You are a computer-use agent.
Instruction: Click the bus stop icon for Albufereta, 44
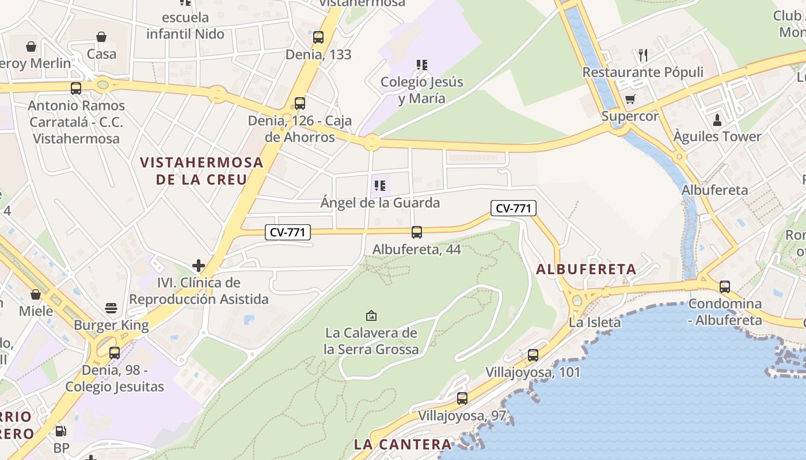click(x=417, y=232)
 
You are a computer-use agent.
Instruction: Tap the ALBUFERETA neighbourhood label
click(x=586, y=269)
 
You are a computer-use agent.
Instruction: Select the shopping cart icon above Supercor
click(x=630, y=99)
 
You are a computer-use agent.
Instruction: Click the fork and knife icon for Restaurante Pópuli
click(x=643, y=55)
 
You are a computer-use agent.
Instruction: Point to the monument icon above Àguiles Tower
click(x=717, y=120)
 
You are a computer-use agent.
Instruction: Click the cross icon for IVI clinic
click(x=199, y=266)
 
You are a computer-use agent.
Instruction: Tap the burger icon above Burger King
click(x=111, y=309)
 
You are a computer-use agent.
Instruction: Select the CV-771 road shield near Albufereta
click(x=514, y=208)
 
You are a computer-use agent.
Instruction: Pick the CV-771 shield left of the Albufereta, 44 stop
click(x=288, y=232)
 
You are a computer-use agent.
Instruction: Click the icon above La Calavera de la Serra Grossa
click(x=371, y=316)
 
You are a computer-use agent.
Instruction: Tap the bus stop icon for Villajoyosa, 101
click(x=533, y=355)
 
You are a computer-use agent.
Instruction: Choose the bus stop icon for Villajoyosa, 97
click(x=462, y=398)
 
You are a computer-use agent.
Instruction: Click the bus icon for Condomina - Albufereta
click(x=725, y=286)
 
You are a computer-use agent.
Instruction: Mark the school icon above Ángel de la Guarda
click(x=379, y=185)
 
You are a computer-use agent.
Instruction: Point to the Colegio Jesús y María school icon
click(x=422, y=65)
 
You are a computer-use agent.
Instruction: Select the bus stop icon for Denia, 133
click(x=318, y=37)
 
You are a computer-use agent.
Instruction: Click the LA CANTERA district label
click(x=403, y=444)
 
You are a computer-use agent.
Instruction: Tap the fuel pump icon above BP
click(x=60, y=431)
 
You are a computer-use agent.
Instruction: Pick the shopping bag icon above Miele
click(x=36, y=294)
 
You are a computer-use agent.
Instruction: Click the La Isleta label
click(x=595, y=322)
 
